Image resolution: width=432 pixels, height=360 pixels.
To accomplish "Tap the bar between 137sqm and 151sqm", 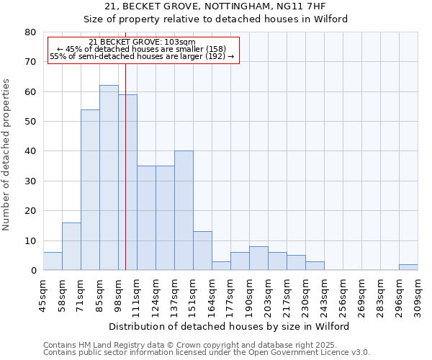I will click(184, 210).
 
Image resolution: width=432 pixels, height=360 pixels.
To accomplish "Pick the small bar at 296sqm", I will click(408, 267).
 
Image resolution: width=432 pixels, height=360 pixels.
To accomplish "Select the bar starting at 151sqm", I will click(202, 251).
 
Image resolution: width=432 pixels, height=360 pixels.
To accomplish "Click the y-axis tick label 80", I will click(30, 32).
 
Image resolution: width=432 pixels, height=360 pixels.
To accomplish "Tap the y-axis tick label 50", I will click(30, 122).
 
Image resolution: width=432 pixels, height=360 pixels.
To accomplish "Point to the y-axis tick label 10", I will click(30, 241).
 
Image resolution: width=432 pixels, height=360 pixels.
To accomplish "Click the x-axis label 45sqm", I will click(43, 295).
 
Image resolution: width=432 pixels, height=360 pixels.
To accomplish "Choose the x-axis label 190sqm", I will click(249, 295).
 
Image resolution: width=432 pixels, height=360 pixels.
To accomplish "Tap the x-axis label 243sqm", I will click(324, 295).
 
